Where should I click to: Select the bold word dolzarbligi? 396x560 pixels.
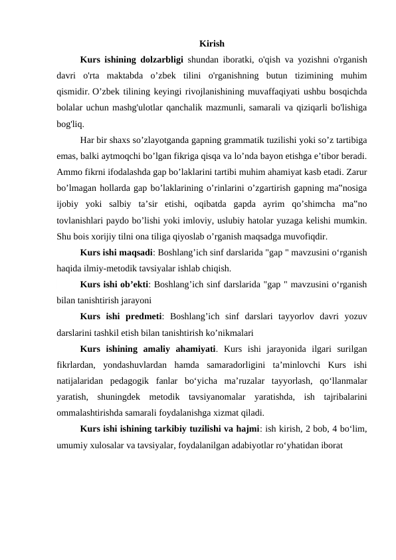[163, 60]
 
